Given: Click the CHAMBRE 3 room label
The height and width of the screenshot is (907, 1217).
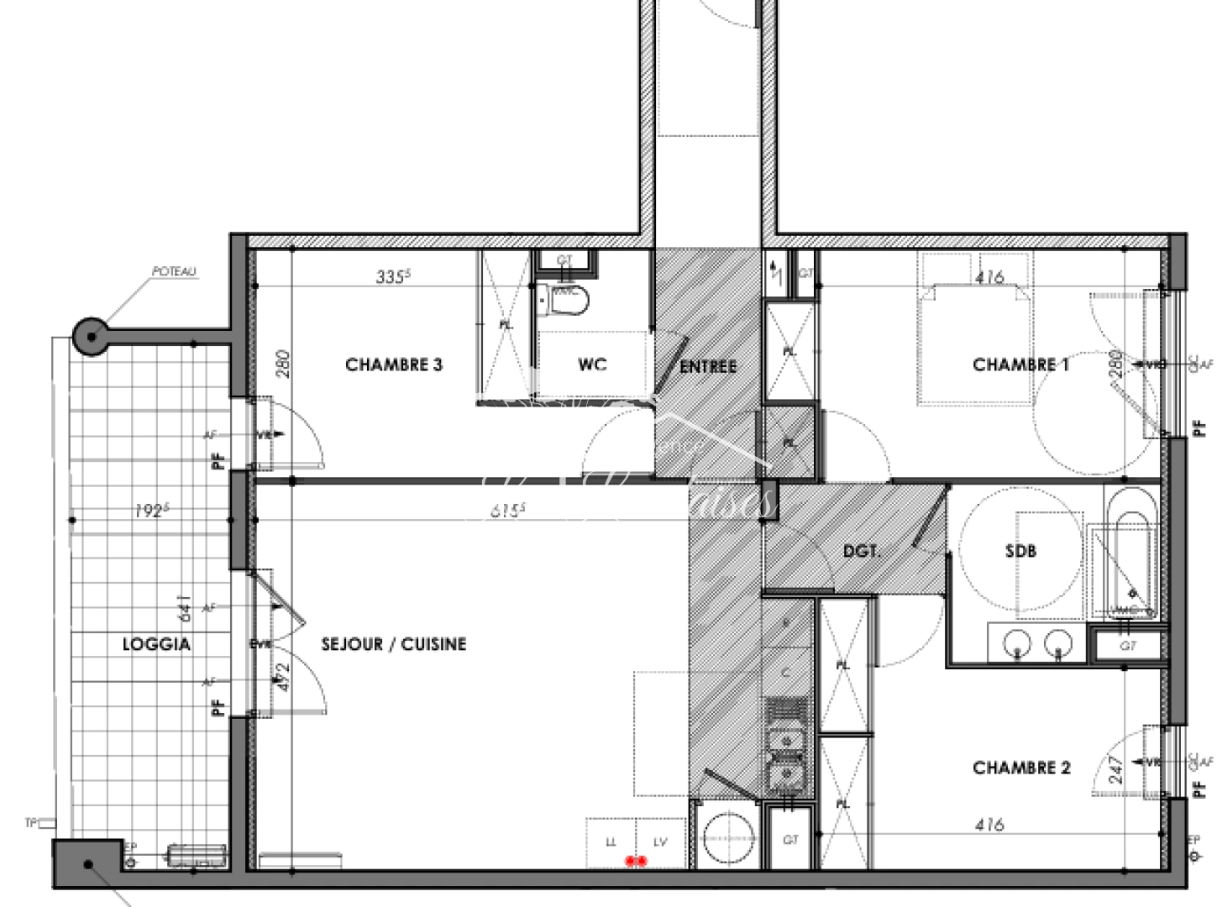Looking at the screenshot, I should click(394, 364).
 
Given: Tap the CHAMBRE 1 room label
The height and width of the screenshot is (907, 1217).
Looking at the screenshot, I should click(1020, 364).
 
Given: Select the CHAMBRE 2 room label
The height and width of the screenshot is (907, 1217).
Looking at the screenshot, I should click(1021, 768).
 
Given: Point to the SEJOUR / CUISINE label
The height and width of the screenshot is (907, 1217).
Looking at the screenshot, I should click(394, 644).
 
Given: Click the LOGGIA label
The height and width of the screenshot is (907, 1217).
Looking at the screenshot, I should click(156, 644).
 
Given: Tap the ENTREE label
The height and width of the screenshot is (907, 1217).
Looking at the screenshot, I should click(708, 366).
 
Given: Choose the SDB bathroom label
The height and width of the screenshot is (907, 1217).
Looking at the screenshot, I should click(1020, 551).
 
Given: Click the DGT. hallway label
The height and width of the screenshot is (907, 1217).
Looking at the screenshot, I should click(862, 552).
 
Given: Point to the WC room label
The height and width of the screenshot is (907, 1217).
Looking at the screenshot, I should click(592, 364).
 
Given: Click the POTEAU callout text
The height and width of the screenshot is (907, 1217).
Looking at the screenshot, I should click(174, 272).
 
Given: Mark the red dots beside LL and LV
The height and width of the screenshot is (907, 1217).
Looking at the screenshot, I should click(637, 861).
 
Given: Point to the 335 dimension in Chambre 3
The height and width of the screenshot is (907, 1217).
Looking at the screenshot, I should click(393, 276).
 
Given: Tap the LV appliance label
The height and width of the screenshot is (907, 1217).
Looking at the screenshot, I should click(660, 841).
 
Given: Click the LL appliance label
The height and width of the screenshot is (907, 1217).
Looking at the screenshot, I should click(611, 841).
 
